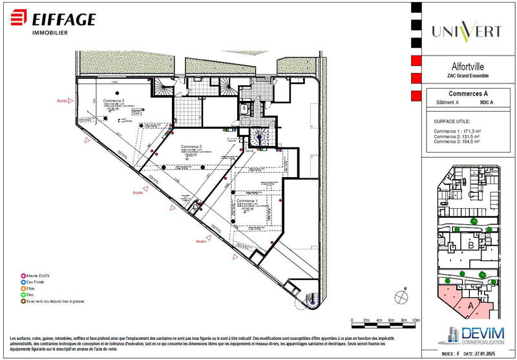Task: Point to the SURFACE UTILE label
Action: coord(452,121)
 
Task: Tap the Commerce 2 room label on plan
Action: coord(191,147)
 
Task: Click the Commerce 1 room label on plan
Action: coord(249,201)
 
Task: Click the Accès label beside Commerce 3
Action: coord(63,101)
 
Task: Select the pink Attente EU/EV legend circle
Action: coord(23,276)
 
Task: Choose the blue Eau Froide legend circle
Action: coord(23,282)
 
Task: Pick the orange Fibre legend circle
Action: coord(23,289)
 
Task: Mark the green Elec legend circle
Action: coord(23,295)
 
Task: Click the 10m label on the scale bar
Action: coord(416,320)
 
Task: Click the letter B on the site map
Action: coord(472,245)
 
